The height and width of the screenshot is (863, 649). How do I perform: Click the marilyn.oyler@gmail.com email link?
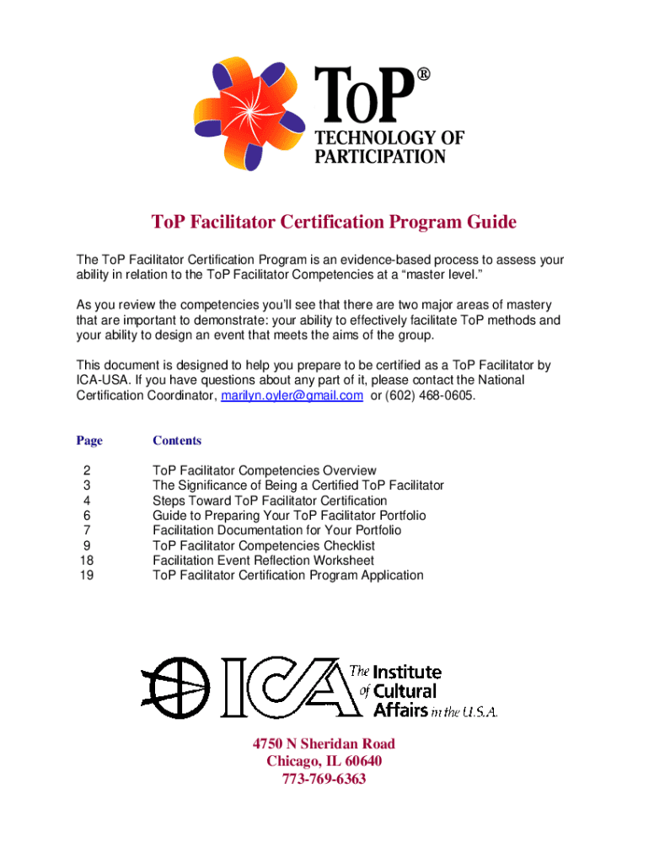click(x=292, y=395)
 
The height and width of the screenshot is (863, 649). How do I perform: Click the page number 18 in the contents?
click(x=85, y=560)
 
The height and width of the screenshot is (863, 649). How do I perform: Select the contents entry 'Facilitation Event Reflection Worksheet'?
click(x=263, y=560)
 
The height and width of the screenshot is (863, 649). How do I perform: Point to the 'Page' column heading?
click(x=89, y=440)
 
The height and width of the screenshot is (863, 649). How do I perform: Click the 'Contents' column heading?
click(x=177, y=440)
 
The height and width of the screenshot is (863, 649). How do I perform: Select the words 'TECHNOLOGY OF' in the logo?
click(x=389, y=137)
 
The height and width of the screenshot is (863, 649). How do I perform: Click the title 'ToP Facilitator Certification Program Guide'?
click(x=333, y=222)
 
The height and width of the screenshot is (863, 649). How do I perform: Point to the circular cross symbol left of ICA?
click(x=176, y=682)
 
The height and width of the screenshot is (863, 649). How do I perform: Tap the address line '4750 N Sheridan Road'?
click(x=324, y=743)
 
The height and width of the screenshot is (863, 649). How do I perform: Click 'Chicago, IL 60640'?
click(x=324, y=761)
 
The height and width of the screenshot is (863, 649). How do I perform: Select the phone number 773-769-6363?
click(x=324, y=779)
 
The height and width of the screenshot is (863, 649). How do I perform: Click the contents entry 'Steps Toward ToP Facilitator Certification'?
click(x=270, y=501)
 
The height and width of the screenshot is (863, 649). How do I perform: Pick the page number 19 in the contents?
click(x=85, y=576)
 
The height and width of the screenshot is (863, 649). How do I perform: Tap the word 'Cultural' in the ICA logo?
click(x=405, y=691)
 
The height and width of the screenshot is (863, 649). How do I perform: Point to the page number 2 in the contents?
click(x=85, y=470)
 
